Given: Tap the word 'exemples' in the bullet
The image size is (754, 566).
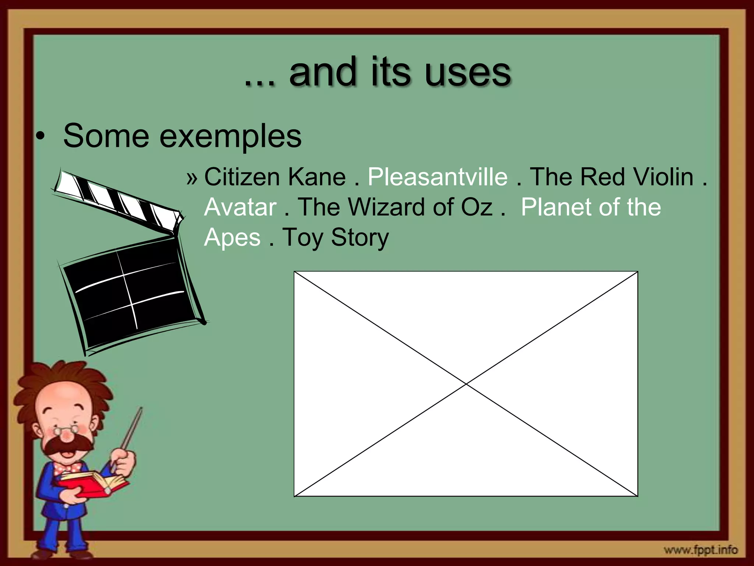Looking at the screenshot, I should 230,136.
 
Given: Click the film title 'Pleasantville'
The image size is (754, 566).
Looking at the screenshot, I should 438,177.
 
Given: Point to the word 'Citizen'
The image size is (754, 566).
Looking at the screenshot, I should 242,177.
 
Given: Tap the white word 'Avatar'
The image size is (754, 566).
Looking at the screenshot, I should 240,207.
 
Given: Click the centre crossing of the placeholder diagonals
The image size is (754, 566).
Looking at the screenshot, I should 466,384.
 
